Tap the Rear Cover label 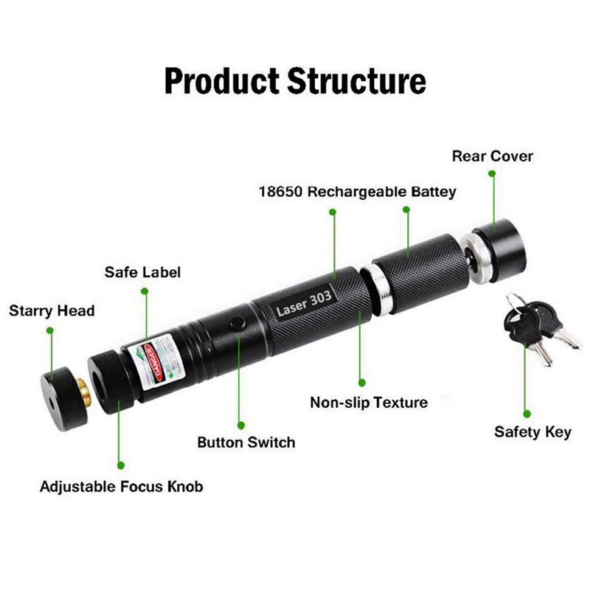point(492,156)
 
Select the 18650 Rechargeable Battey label point(357,192)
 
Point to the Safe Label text point(142,272)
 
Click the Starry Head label point(52,310)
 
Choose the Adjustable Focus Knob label point(121,487)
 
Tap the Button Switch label point(246,442)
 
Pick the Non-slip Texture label point(369,403)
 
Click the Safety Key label point(532,432)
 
